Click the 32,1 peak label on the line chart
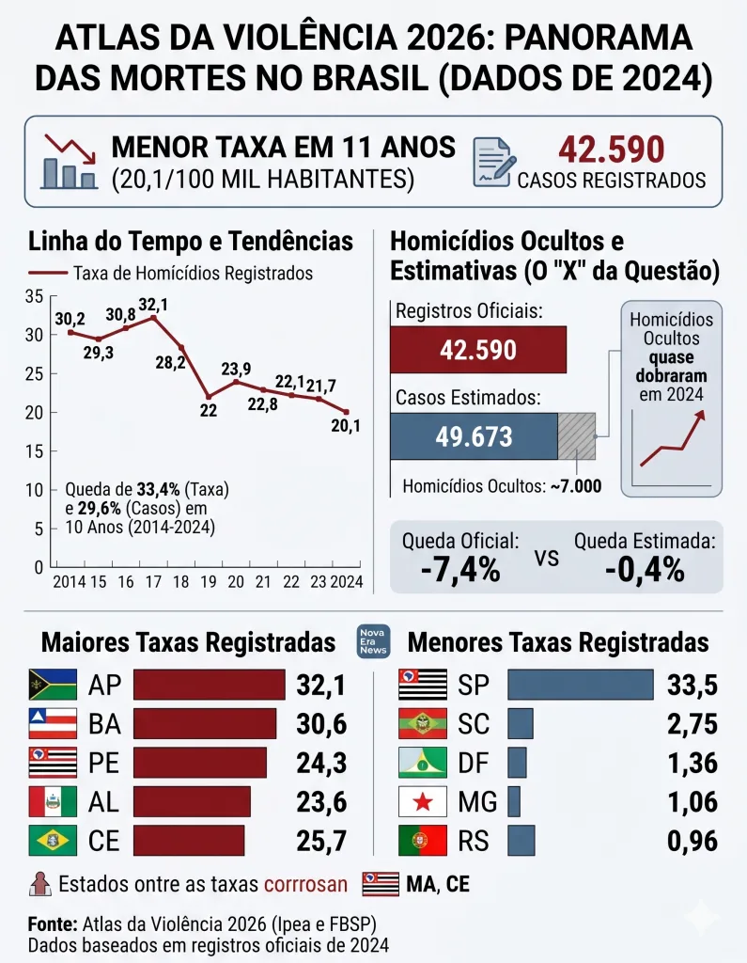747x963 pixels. (153, 305)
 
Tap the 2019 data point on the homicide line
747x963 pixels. (209, 397)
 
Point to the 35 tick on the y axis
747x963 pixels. (35, 296)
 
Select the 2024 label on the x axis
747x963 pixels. (347, 581)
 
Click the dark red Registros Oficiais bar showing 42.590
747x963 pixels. (478, 350)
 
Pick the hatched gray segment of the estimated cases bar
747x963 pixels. (576, 436)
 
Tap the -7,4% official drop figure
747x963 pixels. (460, 569)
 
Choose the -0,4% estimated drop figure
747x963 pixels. (645, 569)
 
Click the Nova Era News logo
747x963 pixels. (373, 641)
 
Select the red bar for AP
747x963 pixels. (210, 685)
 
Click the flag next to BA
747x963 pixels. (53, 723)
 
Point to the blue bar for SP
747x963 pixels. (581, 685)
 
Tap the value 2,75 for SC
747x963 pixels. (693, 723)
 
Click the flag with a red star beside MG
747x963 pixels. (422, 801)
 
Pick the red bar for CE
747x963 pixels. (189, 840)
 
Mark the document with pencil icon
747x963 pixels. (493, 162)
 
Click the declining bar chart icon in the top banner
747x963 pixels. (70, 162)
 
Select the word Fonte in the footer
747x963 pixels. (53, 924)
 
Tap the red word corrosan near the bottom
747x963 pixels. (305, 884)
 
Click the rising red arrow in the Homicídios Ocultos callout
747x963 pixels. (673, 438)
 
